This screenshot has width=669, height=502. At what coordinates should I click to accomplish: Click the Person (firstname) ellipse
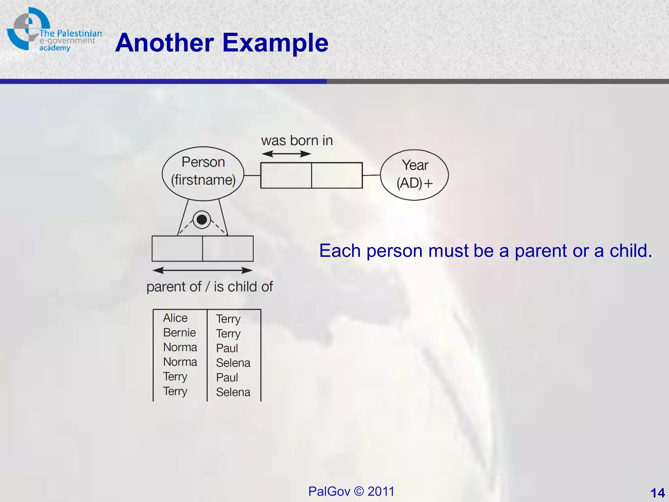click(203, 173)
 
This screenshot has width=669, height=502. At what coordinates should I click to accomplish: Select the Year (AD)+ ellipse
click(414, 175)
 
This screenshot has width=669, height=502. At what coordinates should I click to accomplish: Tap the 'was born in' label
click(297, 141)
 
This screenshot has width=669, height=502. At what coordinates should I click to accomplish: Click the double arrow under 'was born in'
click(286, 154)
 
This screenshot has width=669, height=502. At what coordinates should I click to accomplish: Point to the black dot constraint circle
click(202, 220)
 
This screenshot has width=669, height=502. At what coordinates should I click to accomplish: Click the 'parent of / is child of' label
click(209, 287)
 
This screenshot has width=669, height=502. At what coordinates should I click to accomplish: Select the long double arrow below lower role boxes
click(203, 270)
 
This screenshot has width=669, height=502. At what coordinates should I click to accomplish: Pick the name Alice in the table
click(175, 318)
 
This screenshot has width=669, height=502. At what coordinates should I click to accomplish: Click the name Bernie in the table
click(179, 332)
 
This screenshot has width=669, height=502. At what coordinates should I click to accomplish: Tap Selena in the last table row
click(233, 392)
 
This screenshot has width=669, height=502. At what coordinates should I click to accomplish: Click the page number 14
click(657, 493)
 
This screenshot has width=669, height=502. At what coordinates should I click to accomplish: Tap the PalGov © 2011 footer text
click(351, 491)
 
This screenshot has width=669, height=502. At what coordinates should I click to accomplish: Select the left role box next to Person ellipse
click(286, 175)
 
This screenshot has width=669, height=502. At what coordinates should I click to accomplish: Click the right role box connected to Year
click(337, 175)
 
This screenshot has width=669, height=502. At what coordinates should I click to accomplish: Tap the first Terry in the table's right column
click(228, 319)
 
